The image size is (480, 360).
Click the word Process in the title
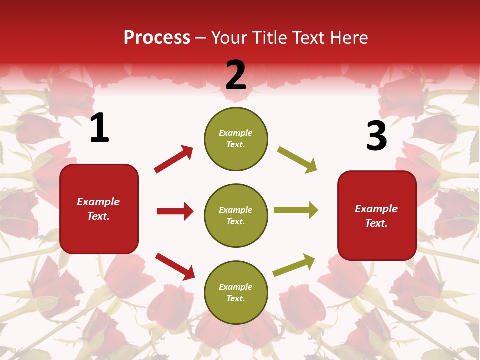click(x=157, y=38)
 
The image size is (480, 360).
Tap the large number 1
click(x=99, y=128)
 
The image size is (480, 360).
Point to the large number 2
click(x=236, y=75)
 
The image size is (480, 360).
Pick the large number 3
click(x=376, y=136)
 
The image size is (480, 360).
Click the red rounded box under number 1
click(x=99, y=209)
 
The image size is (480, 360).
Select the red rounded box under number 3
click(x=377, y=215)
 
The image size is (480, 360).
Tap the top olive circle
click(x=236, y=139)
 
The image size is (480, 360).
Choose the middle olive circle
click(x=236, y=215)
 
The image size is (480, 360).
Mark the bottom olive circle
click(x=236, y=292)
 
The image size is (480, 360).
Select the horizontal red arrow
click(x=175, y=211)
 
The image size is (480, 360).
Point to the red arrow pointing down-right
click(x=175, y=266)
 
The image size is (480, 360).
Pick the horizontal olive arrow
click(x=296, y=210)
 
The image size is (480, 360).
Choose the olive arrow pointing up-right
click(x=294, y=265)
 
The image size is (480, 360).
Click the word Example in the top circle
click(x=236, y=133)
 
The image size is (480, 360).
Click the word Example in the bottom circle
click(x=236, y=287)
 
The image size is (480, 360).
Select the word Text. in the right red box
click(x=376, y=223)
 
